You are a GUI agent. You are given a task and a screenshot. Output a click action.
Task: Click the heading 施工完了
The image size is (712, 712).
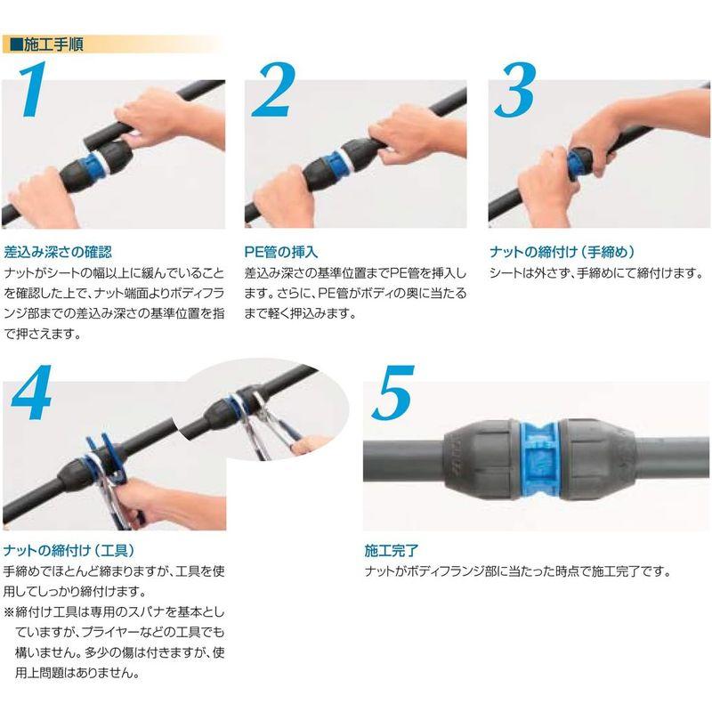coord(387,549)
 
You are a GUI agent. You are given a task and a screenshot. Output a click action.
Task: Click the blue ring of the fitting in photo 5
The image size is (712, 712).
coord(541,455)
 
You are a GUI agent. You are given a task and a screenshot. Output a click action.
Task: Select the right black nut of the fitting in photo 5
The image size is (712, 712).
coord(601,455)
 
